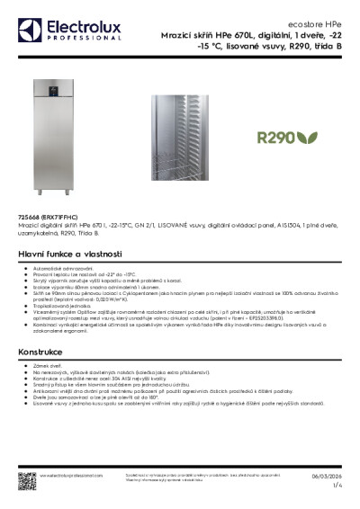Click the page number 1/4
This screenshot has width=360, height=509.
337,486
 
